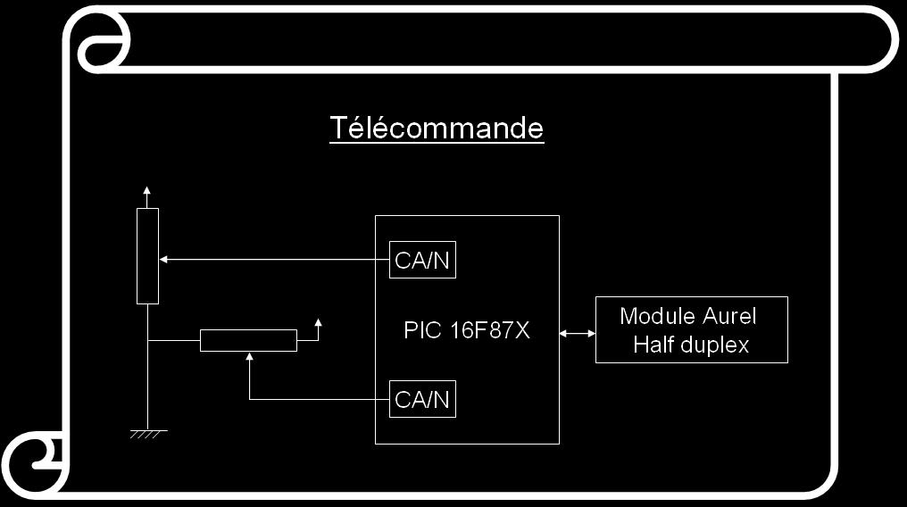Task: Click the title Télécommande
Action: tap(437, 128)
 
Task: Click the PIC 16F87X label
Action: tap(466, 330)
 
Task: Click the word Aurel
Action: tap(729, 316)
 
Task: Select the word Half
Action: tap(654, 345)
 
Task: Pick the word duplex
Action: tap(716, 345)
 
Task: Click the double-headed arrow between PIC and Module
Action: tap(578, 334)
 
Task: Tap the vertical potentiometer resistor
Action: tap(147, 256)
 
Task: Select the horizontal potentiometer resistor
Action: tap(249, 340)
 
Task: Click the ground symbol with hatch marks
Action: tap(149, 434)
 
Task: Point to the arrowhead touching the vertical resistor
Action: tap(163, 260)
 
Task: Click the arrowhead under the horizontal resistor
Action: tap(249, 356)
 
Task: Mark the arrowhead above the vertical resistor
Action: tap(147, 190)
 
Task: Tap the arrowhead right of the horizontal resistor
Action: tap(318, 322)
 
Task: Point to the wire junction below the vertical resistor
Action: tap(148, 340)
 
